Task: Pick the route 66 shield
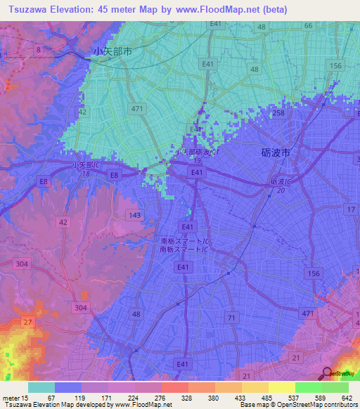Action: coord(308,26)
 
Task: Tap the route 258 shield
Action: coord(279,113)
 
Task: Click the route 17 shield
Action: coord(350,210)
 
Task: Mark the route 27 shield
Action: coord(28,322)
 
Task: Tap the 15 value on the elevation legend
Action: coord(25,398)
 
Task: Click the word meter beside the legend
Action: coord(11,398)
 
